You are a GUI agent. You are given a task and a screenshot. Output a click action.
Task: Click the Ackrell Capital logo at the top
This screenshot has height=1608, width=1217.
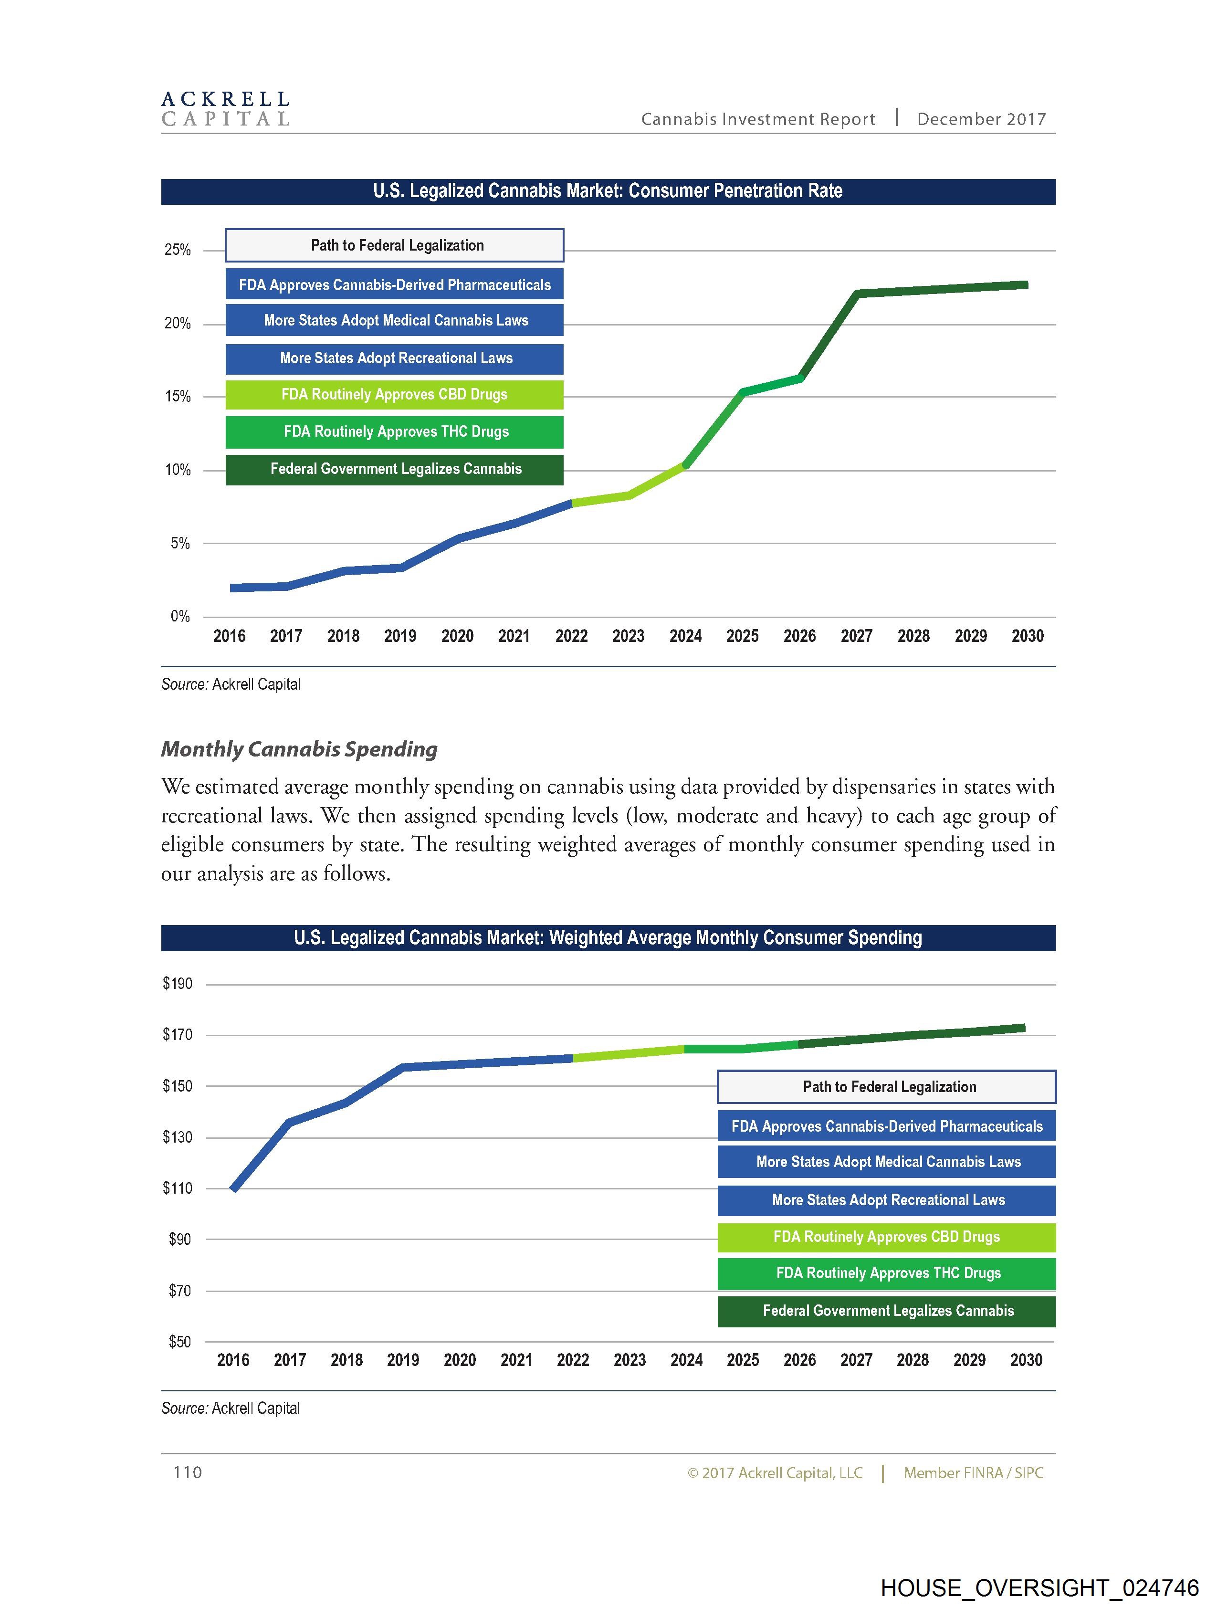pyautogui.click(x=225, y=109)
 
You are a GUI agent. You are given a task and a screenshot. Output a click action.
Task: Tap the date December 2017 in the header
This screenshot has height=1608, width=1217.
pyautogui.click(x=981, y=119)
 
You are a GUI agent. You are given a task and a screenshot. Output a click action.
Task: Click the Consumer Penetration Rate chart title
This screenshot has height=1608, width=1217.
pyautogui.click(x=608, y=191)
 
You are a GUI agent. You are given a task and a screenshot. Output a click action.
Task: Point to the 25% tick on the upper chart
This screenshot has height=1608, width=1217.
pyautogui.click(x=178, y=250)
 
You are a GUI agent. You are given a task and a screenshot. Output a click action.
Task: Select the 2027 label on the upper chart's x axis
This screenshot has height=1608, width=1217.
pyautogui.click(x=856, y=636)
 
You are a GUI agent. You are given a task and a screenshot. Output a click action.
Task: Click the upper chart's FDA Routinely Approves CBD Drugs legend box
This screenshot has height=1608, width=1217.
pyautogui.click(x=394, y=395)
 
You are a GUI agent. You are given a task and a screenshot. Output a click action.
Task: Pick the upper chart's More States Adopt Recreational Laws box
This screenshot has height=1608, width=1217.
pyautogui.click(x=394, y=358)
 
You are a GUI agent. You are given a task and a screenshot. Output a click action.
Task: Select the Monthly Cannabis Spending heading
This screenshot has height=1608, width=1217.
pyautogui.click(x=299, y=749)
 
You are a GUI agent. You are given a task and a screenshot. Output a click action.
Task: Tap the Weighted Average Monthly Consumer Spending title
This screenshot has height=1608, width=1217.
pyautogui.click(x=608, y=938)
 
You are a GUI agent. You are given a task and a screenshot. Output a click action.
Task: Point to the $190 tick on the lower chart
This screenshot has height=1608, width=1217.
pyautogui.click(x=178, y=984)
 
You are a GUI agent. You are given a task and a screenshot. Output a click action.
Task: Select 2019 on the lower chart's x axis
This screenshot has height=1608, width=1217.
pyautogui.click(x=403, y=1360)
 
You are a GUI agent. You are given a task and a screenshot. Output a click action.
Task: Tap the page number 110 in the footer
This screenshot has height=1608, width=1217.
pyautogui.click(x=188, y=1472)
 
